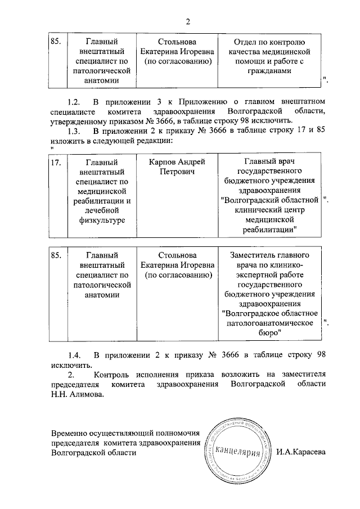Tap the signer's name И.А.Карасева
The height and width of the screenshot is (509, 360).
point(301,453)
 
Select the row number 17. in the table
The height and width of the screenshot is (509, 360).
point(56,162)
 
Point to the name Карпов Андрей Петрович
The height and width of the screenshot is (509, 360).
point(177,166)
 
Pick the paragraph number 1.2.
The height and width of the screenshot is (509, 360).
point(75,102)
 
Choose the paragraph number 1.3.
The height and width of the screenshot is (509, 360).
point(75,130)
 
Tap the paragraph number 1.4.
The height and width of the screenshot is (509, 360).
point(75,355)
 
